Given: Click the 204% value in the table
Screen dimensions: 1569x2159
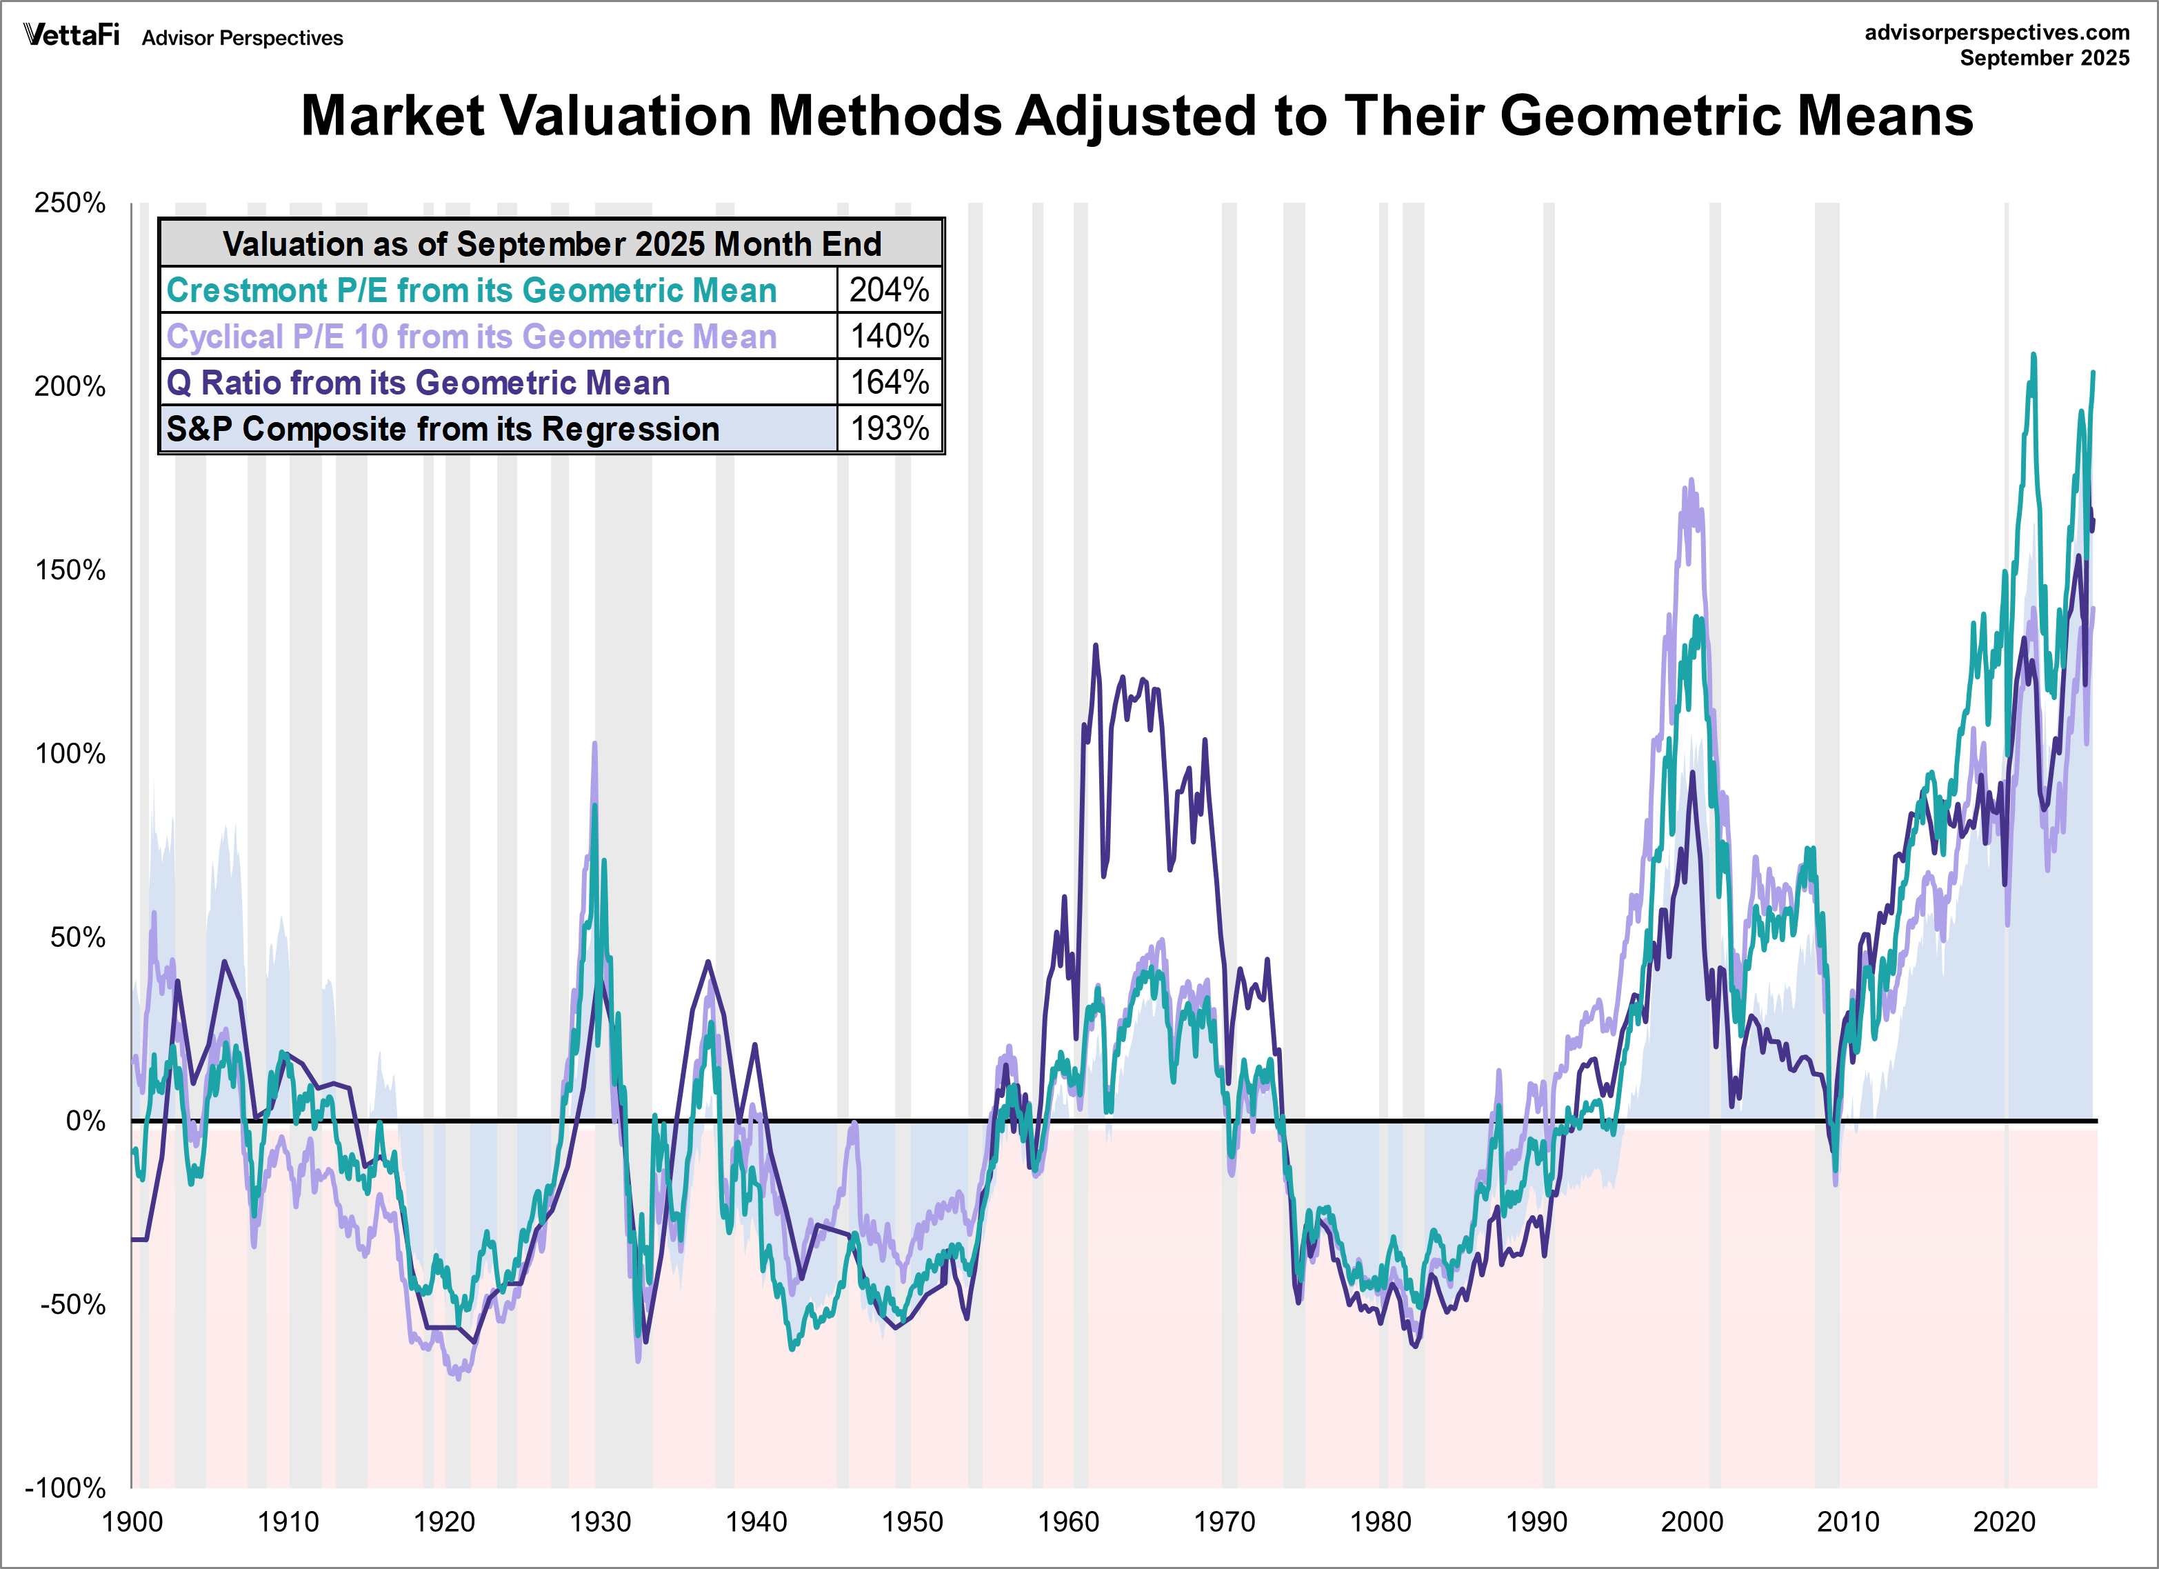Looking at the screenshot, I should (x=888, y=290).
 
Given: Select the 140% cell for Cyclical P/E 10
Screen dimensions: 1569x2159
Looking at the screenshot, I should (x=888, y=336).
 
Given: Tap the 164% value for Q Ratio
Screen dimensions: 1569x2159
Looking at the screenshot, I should (x=888, y=382).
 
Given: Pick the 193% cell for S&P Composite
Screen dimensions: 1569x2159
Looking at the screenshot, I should (x=888, y=428).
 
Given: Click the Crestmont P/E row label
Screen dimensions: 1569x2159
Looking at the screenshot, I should (x=471, y=290).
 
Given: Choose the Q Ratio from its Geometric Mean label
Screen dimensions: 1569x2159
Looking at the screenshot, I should (x=418, y=382).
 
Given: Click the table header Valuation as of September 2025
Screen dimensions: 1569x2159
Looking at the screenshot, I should (x=551, y=243).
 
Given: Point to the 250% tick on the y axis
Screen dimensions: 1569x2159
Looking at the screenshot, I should (x=70, y=203).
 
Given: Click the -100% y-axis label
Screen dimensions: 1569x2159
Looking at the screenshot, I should (x=65, y=1487).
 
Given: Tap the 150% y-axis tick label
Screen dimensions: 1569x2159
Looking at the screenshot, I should (x=70, y=570).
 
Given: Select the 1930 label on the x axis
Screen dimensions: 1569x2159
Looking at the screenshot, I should (x=600, y=1521).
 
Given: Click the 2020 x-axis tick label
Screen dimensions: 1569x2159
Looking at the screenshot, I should (x=2004, y=1521).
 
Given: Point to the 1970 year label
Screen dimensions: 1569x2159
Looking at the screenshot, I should (x=1224, y=1521).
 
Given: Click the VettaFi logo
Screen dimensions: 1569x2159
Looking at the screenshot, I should (x=72, y=35).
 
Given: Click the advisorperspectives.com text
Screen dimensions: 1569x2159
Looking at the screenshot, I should (x=1996, y=32).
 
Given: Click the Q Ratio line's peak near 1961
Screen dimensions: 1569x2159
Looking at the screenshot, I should (x=1096, y=646).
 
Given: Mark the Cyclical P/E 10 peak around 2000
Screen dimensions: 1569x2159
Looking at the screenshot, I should (x=1691, y=480).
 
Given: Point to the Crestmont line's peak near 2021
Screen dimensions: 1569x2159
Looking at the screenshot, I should (x=2034, y=354).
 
